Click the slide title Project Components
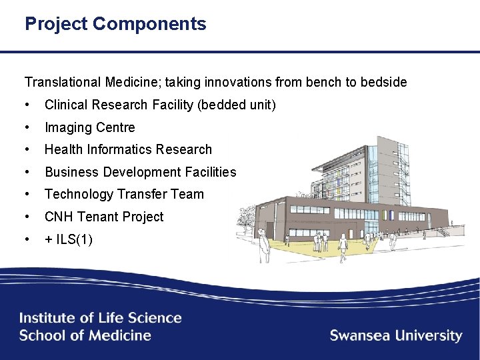coord(115,24)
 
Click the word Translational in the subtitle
coord(63,83)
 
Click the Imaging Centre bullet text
coord(89,127)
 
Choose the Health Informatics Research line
coord(128,149)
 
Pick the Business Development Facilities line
coord(140,172)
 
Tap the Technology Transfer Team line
coord(124,194)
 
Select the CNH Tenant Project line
coord(103,217)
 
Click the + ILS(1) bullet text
coord(68,239)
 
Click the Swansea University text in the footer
coord(395,335)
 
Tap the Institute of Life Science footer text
coord(100,318)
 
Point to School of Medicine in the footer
coord(85,335)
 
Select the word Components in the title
coord(149,24)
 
